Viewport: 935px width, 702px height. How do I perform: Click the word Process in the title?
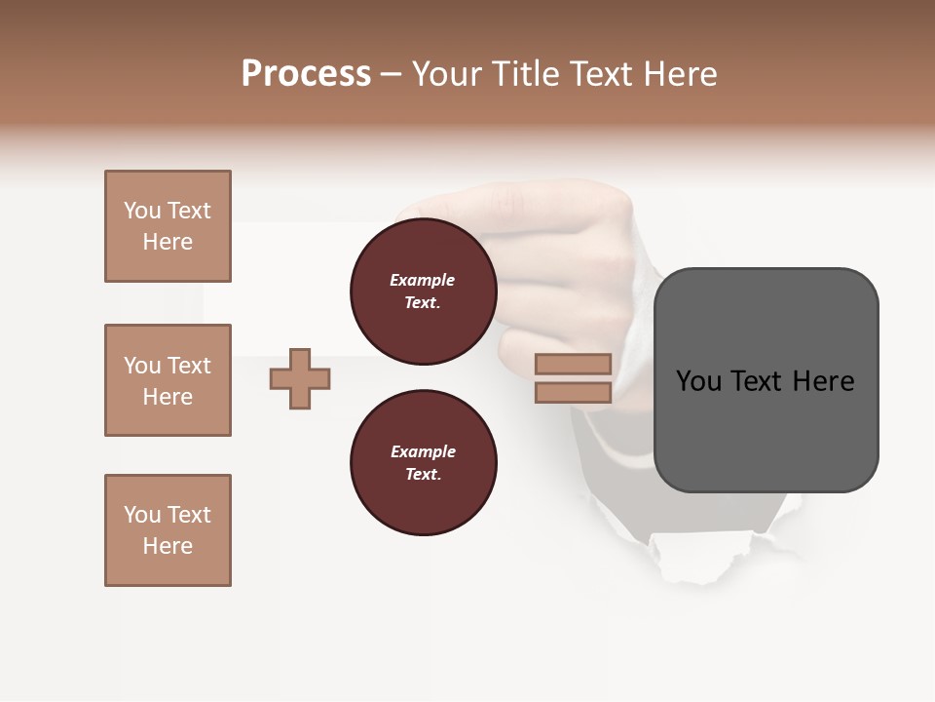[306, 74]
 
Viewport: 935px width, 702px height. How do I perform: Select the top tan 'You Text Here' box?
[168, 226]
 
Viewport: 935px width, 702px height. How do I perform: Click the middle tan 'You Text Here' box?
[168, 380]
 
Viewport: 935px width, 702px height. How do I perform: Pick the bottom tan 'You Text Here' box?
[168, 530]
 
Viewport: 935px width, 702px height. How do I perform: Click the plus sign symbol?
[300, 378]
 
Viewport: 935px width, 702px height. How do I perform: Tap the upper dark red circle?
[424, 292]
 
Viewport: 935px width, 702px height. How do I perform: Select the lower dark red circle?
[424, 463]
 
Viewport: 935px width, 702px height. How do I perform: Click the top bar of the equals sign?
[573, 364]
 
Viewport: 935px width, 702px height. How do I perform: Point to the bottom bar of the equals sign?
[573, 393]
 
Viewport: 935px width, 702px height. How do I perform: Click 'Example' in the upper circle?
[423, 280]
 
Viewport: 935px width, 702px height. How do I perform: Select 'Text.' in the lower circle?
[423, 475]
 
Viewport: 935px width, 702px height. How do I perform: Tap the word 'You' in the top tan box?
[142, 211]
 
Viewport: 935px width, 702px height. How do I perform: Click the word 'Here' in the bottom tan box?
[168, 546]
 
